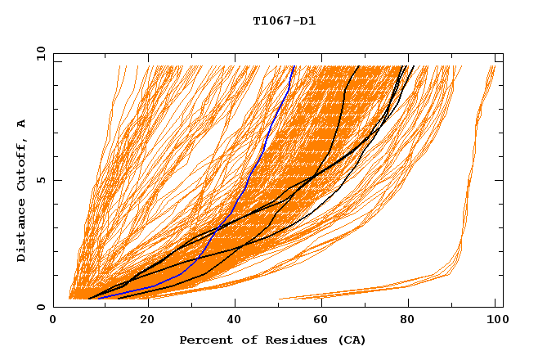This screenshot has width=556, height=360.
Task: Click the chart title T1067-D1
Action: [x=284, y=21]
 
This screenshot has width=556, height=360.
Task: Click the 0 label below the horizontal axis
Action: [x=53, y=320]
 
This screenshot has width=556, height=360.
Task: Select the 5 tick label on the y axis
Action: [x=39, y=180]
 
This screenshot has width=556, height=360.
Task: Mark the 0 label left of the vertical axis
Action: [x=39, y=307]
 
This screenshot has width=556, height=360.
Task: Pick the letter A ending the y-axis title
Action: [x=22, y=124]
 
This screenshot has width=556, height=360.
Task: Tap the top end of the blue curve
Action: [x=294, y=66]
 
